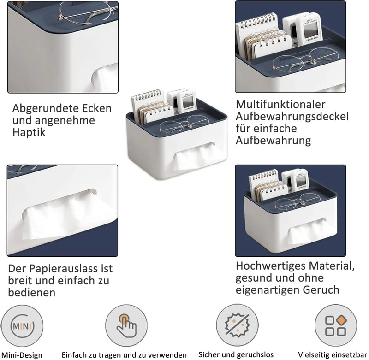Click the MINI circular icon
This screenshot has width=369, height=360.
22,326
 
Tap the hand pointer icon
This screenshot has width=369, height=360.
126,326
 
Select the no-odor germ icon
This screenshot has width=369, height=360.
237,325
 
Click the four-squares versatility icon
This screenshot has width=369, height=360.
336,325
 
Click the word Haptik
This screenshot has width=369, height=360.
29,132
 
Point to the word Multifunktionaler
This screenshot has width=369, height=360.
280,104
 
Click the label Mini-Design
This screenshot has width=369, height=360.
22,355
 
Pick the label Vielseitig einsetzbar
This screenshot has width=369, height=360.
332,354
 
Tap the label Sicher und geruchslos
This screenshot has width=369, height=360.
236,354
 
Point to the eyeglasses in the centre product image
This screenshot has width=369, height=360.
184,124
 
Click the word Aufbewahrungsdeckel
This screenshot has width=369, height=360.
292,117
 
